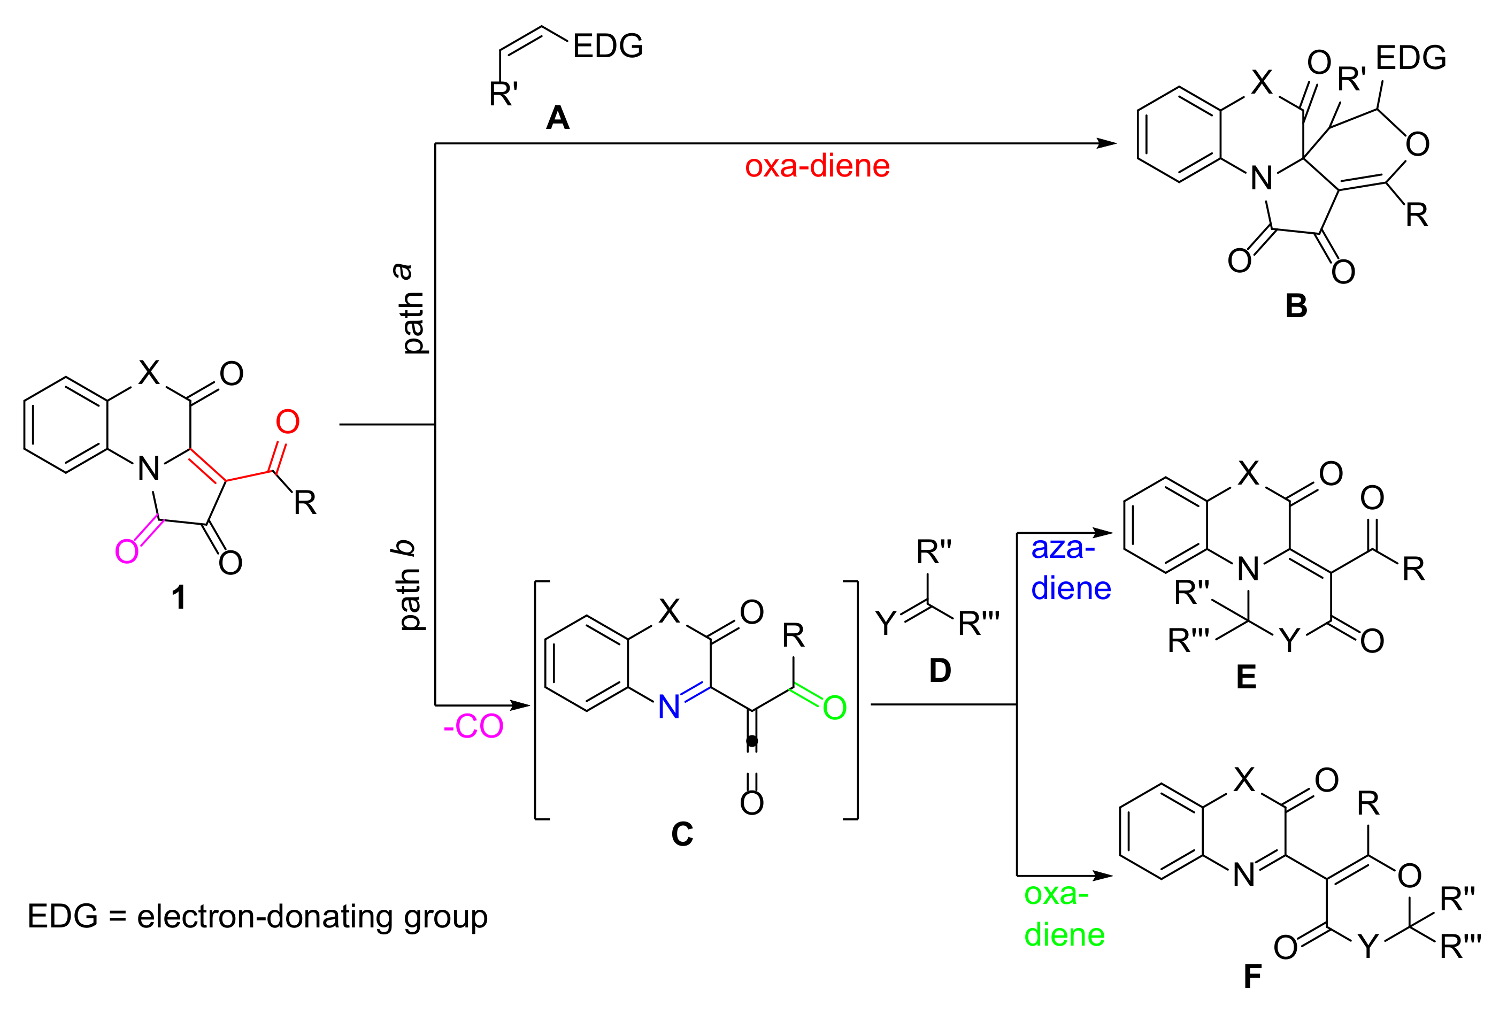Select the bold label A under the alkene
point(557,118)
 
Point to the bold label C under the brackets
point(682,834)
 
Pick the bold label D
point(940,671)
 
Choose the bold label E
point(1246,678)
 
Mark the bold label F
point(1252,977)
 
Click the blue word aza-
point(1063,548)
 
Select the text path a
point(411,308)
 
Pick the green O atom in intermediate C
point(835,708)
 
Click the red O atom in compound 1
point(288,422)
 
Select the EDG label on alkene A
point(608,46)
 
